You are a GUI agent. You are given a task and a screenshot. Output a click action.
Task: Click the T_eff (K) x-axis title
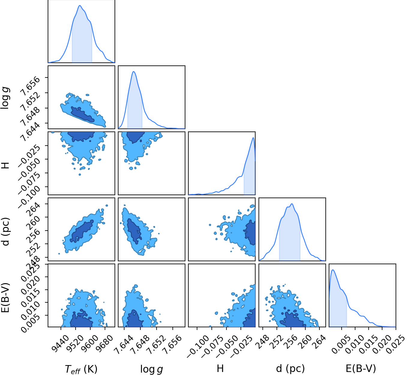point(81,369)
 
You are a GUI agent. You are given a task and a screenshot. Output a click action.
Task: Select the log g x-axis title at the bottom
point(151,369)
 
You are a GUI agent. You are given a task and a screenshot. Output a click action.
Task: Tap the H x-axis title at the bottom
point(220,368)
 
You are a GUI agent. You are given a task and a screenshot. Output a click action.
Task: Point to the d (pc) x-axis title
point(290,368)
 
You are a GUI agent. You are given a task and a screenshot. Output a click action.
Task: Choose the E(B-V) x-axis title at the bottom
point(361,368)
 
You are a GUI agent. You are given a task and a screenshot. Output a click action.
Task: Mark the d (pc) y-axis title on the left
point(5,231)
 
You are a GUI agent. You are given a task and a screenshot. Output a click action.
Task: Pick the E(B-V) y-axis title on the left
point(5,298)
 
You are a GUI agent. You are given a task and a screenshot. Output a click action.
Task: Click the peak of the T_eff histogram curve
point(80,5)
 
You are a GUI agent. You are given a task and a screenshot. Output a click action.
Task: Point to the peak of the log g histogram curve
point(133,71)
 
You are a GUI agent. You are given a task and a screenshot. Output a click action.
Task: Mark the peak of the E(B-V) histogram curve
point(333,270)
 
